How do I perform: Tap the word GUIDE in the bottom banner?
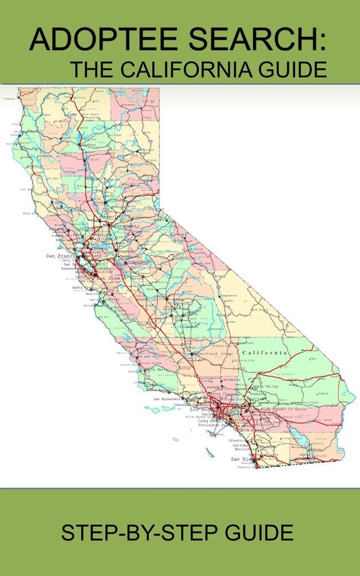click(x=259, y=533)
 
